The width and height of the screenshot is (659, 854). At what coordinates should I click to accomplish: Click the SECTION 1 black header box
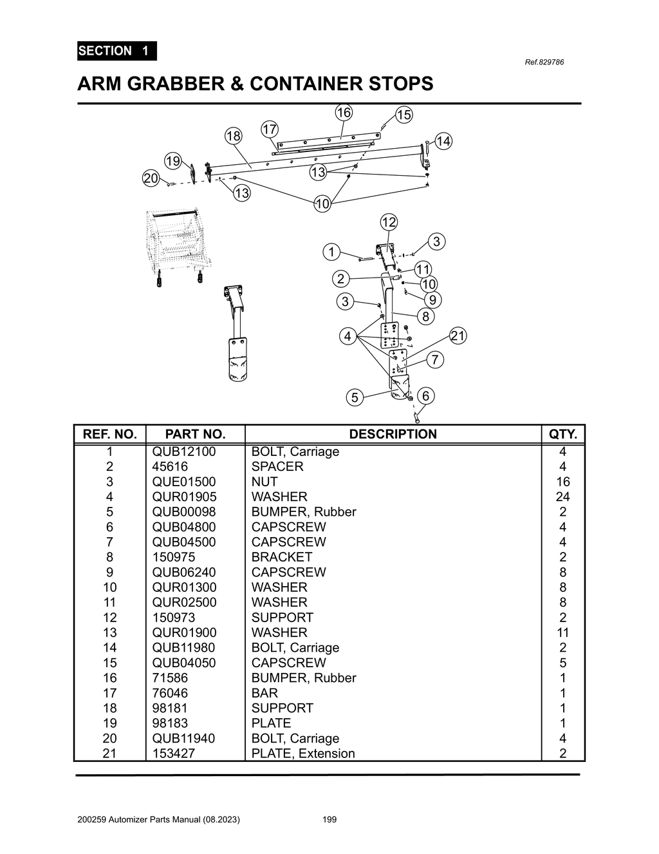tap(116, 51)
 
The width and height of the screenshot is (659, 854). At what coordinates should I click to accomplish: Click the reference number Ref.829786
tap(544, 62)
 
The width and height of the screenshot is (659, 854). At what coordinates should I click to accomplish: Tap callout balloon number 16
tap(344, 113)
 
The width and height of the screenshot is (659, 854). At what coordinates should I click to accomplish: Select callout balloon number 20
tap(151, 178)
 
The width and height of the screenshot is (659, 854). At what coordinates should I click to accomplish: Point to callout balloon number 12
tap(389, 222)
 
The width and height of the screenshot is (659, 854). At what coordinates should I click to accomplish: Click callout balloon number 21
tap(458, 336)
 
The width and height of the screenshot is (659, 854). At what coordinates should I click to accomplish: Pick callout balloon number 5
tap(354, 397)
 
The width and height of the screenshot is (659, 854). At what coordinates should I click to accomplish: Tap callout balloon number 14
tap(443, 141)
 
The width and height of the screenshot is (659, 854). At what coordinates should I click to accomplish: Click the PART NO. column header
tap(195, 434)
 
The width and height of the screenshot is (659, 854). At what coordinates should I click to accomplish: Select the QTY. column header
tap(562, 434)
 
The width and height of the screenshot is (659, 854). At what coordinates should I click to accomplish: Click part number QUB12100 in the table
tap(184, 451)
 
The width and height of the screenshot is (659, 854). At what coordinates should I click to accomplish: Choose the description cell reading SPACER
tap(277, 466)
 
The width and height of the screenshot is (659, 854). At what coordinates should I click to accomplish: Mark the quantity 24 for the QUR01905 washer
tap(562, 497)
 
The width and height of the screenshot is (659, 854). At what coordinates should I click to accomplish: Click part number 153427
tap(174, 754)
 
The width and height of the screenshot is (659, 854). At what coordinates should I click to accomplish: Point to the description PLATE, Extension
tap(303, 754)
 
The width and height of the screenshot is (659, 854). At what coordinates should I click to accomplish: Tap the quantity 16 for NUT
tap(562, 482)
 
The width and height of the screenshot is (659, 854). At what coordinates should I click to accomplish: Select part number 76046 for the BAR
tap(170, 693)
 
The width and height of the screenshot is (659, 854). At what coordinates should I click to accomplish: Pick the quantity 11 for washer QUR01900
tap(562, 632)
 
